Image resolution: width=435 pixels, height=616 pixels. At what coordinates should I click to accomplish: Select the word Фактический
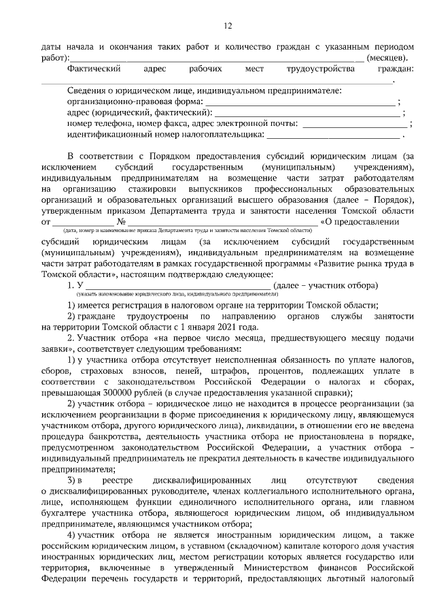(x=94, y=69)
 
